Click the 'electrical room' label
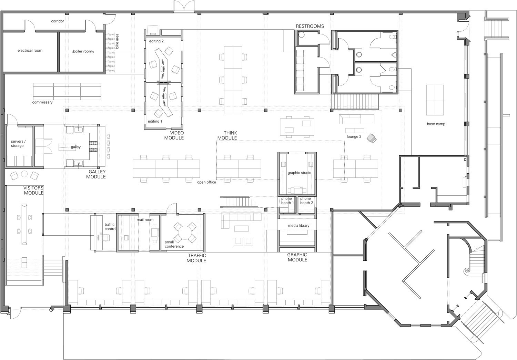[30, 51]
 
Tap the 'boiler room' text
[83, 51]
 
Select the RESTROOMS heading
[310, 26]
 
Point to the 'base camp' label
[436, 124]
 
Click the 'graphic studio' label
[300, 173]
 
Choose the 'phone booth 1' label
[287, 200]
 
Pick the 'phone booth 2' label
[306, 200]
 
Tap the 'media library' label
[298, 226]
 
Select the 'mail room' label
[145, 220]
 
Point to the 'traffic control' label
[110, 227]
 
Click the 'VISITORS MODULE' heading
[34, 191]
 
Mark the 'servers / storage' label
[18, 143]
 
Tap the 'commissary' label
[42, 102]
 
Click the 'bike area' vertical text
[117, 41]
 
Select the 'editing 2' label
[156, 41]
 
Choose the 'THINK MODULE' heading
[227, 135]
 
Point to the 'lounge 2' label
[354, 136]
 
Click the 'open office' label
[206, 182]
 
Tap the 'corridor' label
[58, 21]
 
